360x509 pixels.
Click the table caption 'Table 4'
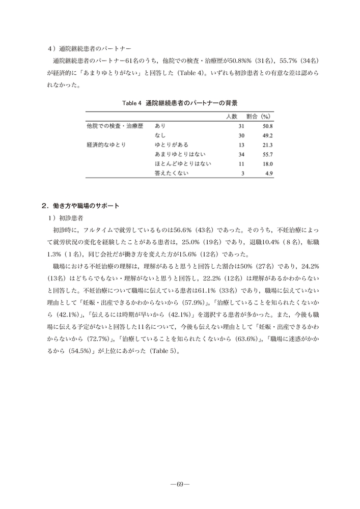[x=131, y=103]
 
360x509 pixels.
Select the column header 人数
[x=232, y=117]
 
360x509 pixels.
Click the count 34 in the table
[x=241, y=154]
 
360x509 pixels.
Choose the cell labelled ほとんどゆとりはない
[x=183, y=164]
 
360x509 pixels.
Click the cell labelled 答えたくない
[x=172, y=174]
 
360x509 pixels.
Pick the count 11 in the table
[x=241, y=164]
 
